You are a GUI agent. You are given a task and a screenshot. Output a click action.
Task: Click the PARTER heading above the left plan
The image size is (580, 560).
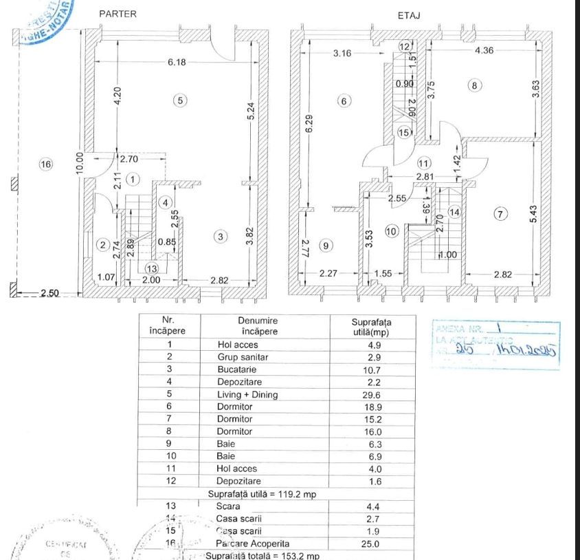pos(118,14)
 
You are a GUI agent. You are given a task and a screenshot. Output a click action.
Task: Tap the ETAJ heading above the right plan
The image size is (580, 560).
pos(409,14)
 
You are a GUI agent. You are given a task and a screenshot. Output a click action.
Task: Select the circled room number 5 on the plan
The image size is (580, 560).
pos(179,100)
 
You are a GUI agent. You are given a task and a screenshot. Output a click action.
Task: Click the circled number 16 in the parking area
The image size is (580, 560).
pos(45,164)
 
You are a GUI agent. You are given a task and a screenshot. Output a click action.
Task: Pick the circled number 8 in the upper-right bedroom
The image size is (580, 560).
pos(473,85)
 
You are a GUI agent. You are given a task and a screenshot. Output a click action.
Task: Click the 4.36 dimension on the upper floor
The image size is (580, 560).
pos(487,50)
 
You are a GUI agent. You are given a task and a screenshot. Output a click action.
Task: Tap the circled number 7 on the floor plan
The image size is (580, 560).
pos(501,214)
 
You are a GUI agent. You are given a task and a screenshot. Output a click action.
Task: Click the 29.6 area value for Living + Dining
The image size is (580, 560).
pos(374,394)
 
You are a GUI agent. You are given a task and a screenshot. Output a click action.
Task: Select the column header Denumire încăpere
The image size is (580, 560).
pos(258,325)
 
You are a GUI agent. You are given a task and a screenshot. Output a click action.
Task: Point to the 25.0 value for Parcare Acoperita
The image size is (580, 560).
pos(374,543)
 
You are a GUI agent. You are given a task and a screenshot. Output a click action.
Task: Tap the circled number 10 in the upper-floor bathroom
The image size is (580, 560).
pos(391,231)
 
